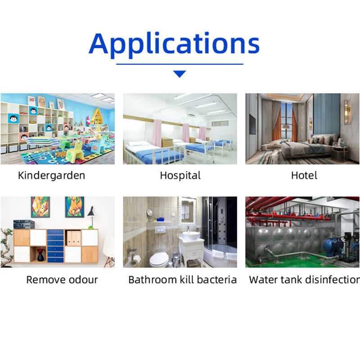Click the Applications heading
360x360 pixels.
(174, 45)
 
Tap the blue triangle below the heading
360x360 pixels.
(180, 74)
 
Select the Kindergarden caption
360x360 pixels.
(51, 175)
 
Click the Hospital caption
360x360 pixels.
(180, 175)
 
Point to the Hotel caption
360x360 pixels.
(304, 175)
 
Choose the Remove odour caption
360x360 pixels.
(62, 279)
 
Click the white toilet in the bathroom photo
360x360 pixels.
(159, 260)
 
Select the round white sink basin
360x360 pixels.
(191, 236)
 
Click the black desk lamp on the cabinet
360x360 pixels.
(91, 217)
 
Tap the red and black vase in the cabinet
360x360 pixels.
(40, 255)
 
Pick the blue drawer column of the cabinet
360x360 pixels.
(55, 246)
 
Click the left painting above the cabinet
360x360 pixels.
(40, 207)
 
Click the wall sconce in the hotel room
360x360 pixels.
(346, 112)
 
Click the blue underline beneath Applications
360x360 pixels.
(180, 64)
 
